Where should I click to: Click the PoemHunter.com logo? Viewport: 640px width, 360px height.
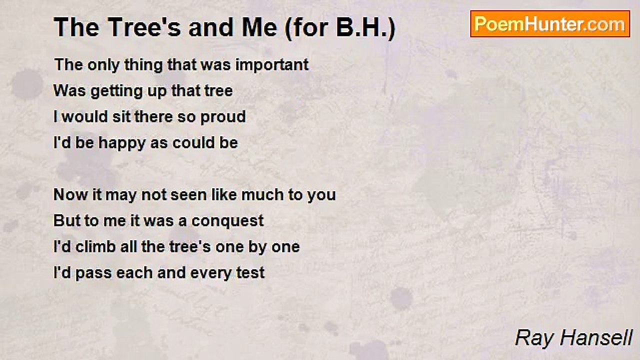pos(550,23)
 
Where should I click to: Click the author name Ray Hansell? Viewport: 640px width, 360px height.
pos(573,337)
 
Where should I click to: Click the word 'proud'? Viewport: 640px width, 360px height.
pos(223,117)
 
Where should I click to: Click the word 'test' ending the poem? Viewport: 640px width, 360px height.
pos(251,273)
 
